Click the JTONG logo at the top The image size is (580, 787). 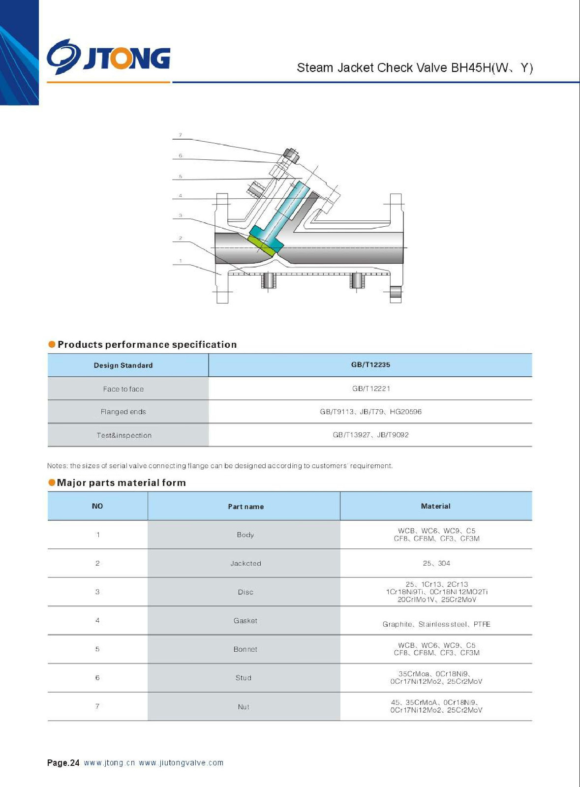pos(109,57)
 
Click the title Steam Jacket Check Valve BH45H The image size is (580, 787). pos(414,68)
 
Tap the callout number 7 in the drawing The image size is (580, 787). pos(181,135)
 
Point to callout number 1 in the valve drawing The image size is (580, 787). pos(181,261)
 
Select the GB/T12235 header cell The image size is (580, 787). pos(370,365)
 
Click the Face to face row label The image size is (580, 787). pos(123,389)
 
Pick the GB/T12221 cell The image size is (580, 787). pos(371,389)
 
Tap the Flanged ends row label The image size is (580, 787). pos(123,412)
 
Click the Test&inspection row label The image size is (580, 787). pos(124,435)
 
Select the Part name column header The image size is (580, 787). pos(245,507)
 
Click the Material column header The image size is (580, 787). pos(435,506)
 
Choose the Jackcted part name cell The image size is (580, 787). pos(245,564)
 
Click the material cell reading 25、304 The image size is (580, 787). pos(436,563)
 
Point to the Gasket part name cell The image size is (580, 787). pos(245,621)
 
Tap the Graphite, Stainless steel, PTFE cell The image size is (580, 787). pos(436,624)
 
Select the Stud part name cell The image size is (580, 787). pos(244,678)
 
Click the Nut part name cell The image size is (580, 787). pos(244,707)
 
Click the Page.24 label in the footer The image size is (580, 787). pos(63,763)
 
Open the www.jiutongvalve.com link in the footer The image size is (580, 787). pos(181,763)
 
